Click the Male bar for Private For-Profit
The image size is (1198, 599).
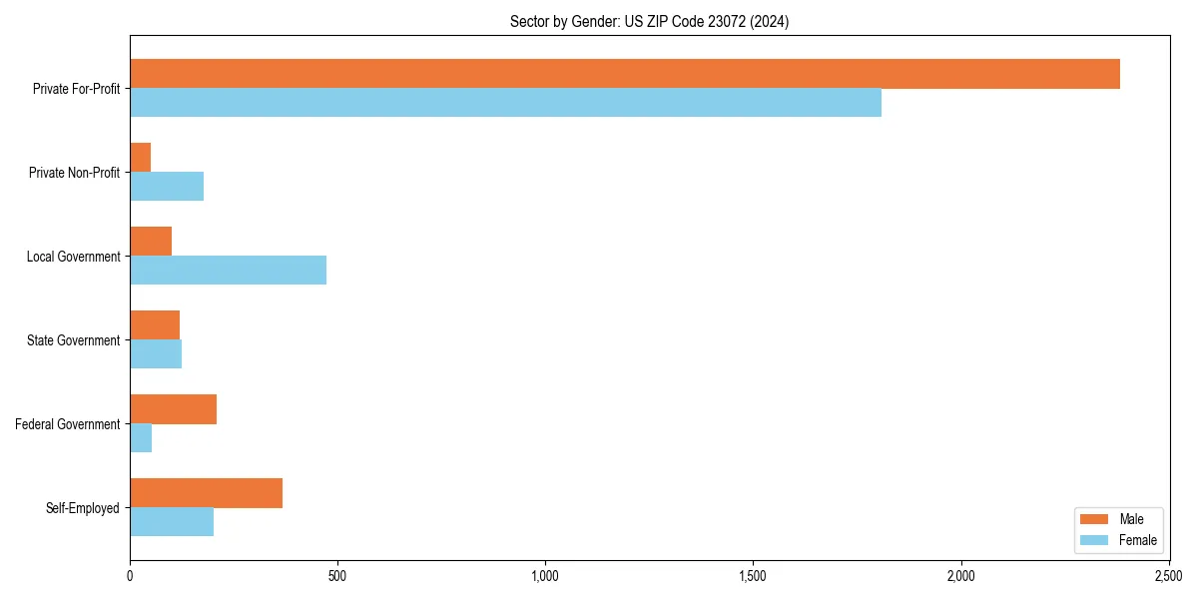click(625, 74)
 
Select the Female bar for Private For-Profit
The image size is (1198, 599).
click(505, 103)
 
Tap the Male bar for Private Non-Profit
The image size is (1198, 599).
click(141, 158)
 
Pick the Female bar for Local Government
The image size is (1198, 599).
click(228, 271)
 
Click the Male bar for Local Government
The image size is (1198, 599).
click(151, 242)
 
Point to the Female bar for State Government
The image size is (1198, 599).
click(156, 354)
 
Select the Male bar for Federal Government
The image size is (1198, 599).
click(174, 409)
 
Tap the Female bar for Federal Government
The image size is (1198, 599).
click(141, 438)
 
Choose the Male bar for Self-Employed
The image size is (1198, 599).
click(207, 493)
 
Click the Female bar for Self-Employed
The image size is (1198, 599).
click(172, 522)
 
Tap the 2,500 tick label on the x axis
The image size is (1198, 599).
click(1168, 576)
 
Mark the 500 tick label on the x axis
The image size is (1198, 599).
click(336, 576)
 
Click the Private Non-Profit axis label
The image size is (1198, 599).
click(74, 173)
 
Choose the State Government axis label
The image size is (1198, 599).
click(73, 340)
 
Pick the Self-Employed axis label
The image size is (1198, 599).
click(82, 508)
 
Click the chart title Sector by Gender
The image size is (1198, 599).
click(649, 22)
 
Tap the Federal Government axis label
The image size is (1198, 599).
click(68, 424)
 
